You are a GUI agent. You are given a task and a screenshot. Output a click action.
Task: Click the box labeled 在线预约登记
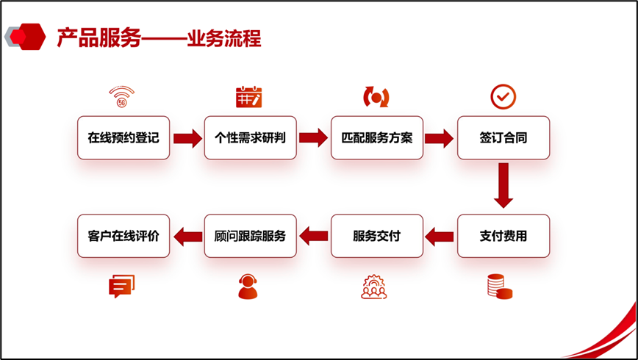[123, 137]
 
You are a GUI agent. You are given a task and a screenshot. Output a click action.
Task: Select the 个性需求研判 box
[250, 137]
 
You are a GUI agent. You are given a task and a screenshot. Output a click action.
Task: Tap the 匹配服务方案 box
[377, 137]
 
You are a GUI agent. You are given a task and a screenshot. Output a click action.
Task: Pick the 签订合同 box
[503, 137]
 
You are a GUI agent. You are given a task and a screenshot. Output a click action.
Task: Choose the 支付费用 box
[503, 236]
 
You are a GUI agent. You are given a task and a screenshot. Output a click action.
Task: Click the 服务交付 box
[377, 236]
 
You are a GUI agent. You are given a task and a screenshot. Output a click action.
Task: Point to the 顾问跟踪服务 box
[250, 236]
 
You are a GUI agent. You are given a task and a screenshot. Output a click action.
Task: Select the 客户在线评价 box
[123, 236]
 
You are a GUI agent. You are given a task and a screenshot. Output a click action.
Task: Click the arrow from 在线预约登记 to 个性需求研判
[187, 138]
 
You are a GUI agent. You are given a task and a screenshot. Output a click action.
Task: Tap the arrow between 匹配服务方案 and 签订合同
[440, 138]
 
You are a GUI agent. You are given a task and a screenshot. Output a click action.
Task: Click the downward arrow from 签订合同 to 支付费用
[503, 185]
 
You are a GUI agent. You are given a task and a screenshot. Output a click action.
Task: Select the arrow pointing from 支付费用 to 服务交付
[440, 237]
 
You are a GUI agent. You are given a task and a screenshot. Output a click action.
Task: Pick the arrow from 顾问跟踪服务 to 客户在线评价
[187, 237]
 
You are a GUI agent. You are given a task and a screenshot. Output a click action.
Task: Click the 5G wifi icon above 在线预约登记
[121, 97]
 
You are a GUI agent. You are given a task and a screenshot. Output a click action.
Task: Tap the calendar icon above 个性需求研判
[248, 97]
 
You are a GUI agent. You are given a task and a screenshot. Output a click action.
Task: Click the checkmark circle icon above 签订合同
[503, 96]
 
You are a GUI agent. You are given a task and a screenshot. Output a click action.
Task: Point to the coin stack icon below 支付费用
[500, 287]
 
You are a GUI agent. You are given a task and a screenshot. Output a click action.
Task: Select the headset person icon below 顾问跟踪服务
[248, 287]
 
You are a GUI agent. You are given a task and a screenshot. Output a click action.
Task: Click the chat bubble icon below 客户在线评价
[122, 286]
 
